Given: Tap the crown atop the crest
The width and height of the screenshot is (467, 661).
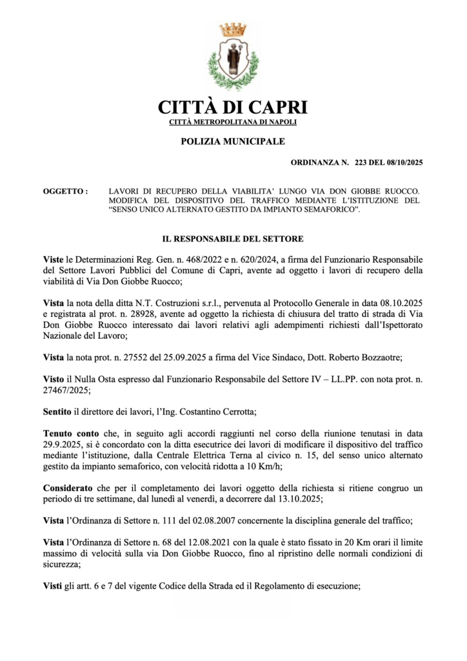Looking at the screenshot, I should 232,29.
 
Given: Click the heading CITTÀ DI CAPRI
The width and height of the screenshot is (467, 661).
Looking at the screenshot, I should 233,107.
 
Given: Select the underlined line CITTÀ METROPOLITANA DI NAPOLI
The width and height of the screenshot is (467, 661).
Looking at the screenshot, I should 233,122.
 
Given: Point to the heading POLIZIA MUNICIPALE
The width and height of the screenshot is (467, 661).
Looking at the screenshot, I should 233,141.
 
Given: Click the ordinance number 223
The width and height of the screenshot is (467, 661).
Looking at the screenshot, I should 361,164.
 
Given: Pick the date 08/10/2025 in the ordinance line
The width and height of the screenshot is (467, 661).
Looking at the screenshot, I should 401,164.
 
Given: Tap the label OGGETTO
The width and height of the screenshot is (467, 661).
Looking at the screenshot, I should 65,192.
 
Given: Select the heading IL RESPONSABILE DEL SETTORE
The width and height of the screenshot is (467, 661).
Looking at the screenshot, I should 233,239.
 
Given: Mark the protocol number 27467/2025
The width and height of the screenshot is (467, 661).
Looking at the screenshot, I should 69,390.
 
